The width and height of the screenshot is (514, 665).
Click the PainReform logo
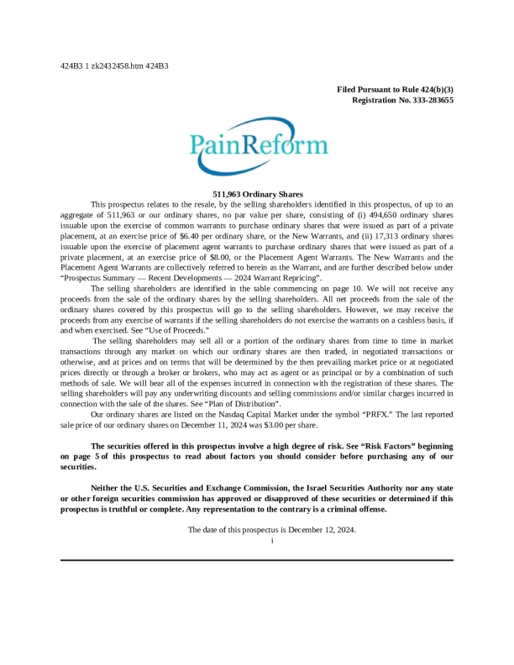point(257,149)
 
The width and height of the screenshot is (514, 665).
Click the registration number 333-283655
point(427,100)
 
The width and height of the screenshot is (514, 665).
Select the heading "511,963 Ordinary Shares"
point(257,194)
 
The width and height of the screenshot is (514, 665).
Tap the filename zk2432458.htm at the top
point(122,65)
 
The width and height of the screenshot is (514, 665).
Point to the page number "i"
point(272,540)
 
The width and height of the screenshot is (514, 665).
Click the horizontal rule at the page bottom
point(257,560)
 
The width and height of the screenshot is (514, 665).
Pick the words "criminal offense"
point(357,509)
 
